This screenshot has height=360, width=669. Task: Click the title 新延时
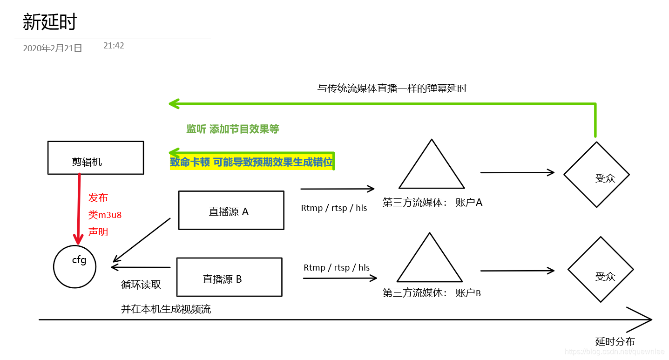click(50, 22)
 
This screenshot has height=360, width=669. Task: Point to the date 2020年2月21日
click(53, 48)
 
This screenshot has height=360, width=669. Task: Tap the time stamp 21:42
click(114, 46)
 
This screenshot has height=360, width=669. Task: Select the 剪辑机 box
click(95, 158)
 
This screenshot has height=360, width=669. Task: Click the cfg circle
click(74, 267)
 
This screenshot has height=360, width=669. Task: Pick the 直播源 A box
click(231, 210)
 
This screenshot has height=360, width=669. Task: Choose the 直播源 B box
click(229, 277)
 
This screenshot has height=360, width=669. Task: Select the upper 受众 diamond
click(596, 175)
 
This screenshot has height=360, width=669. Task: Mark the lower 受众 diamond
click(601, 270)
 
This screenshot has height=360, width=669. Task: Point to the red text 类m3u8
click(105, 215)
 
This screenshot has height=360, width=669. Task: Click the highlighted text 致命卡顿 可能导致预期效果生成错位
click(252, 162)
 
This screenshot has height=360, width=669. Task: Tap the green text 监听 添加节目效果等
click(232, 129)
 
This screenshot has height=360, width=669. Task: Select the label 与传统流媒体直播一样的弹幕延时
click(392, 88)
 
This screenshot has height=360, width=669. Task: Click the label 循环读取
click(141, 285)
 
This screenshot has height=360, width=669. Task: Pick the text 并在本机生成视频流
click(166, 309)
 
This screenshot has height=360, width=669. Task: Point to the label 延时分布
click(615, 341)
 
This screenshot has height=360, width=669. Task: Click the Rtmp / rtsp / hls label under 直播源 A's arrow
click(334, 208)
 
